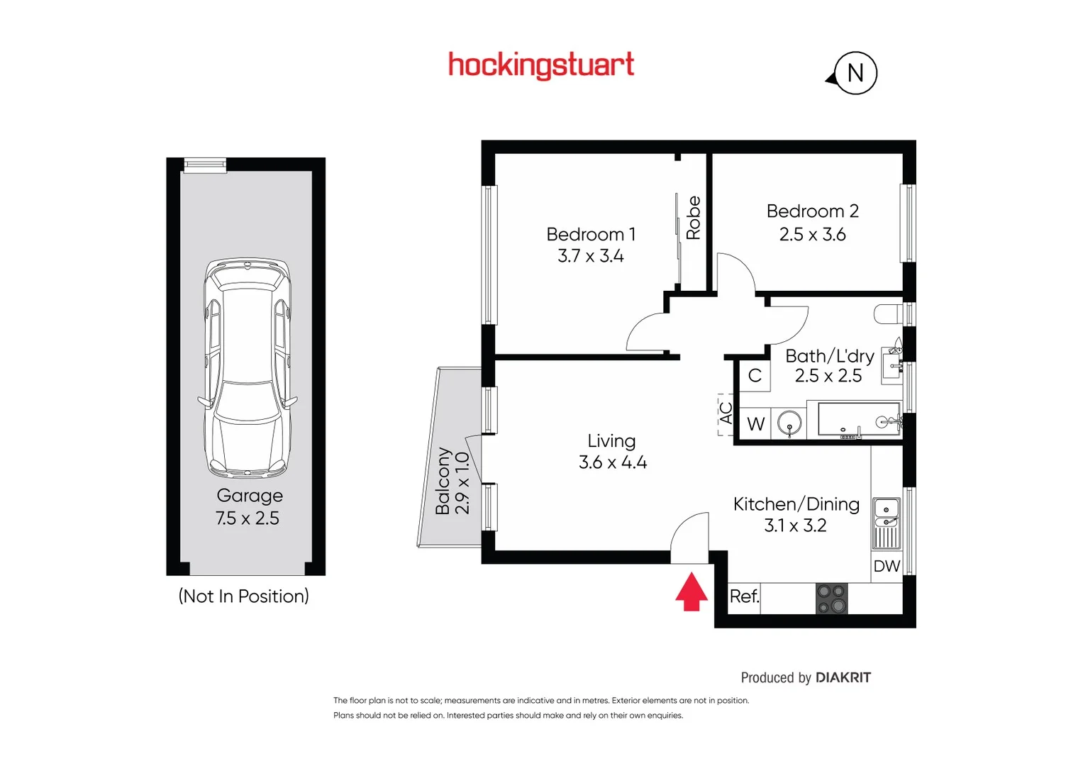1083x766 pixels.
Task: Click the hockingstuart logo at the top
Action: click(x=541, y=65)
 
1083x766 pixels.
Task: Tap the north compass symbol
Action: click(x=855, y=73)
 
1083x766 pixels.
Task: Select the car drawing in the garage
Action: click(x=247, y=367)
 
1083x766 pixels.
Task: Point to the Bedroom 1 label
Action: click(x=591, y=234)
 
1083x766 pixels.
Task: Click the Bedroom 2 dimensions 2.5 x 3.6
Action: click(x=812, y=235)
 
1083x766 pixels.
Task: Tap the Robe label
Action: click(x=693, y=218)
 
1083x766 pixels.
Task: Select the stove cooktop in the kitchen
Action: click(x=831, y=599)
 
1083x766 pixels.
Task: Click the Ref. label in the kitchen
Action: click(x=744, y=596)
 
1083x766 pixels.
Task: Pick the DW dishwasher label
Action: click(x=887, y=566)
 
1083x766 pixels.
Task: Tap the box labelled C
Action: click(x=755, y=375)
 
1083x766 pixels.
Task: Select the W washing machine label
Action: click(x=755, y=424)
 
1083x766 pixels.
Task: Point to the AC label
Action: click(x=726, y=413)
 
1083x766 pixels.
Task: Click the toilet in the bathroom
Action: click(x=889, y=313)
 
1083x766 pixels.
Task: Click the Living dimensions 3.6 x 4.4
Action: click(x=613, y=462)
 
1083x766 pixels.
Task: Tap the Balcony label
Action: click(x=443, y=481)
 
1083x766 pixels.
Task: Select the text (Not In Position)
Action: click(x=243, y=596)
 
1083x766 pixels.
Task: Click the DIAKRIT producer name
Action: click(x=843, y=677)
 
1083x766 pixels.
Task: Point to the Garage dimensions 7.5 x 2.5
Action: click(x=248, y=518)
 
